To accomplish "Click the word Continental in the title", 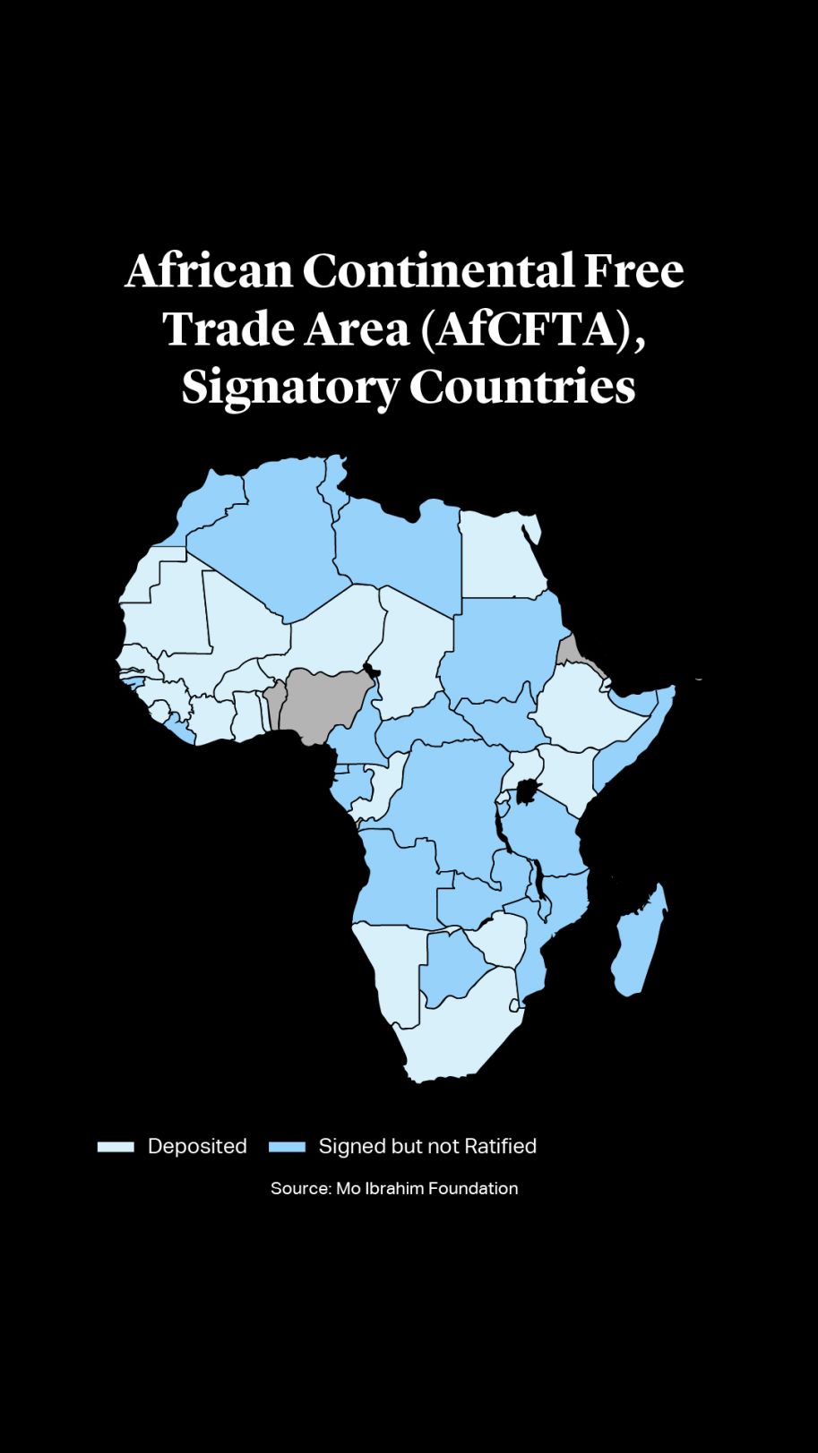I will click(437, 270).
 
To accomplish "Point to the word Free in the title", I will click(633, 270).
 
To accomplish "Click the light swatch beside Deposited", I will click(116, 1147).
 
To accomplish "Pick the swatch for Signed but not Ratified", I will click(287, 1147).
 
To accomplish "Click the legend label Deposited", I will click(197, 1147).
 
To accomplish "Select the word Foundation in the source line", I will click(473, 1189).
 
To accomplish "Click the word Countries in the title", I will click(522, 387).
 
